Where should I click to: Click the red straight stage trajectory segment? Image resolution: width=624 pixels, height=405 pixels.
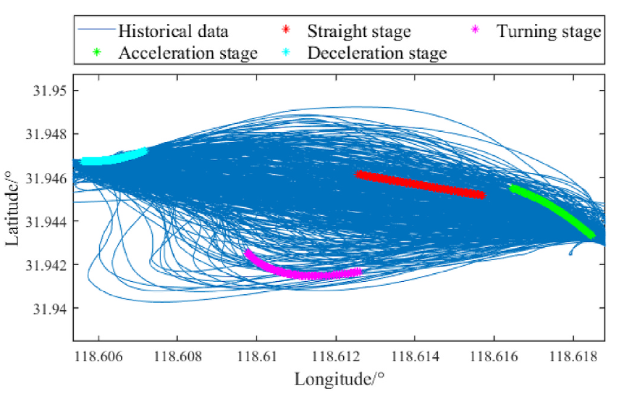[420, 184]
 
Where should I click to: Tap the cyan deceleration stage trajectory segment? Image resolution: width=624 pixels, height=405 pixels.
[112, 156]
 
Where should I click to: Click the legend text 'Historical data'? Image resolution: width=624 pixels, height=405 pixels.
[173, 31]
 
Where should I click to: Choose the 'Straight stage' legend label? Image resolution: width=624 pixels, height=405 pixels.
[358, 31]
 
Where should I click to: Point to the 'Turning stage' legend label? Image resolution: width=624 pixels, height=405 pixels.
[548, 31]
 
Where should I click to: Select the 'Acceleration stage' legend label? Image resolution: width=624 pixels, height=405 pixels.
[187, 53]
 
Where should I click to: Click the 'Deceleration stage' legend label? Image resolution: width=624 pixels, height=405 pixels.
[376, 53]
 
